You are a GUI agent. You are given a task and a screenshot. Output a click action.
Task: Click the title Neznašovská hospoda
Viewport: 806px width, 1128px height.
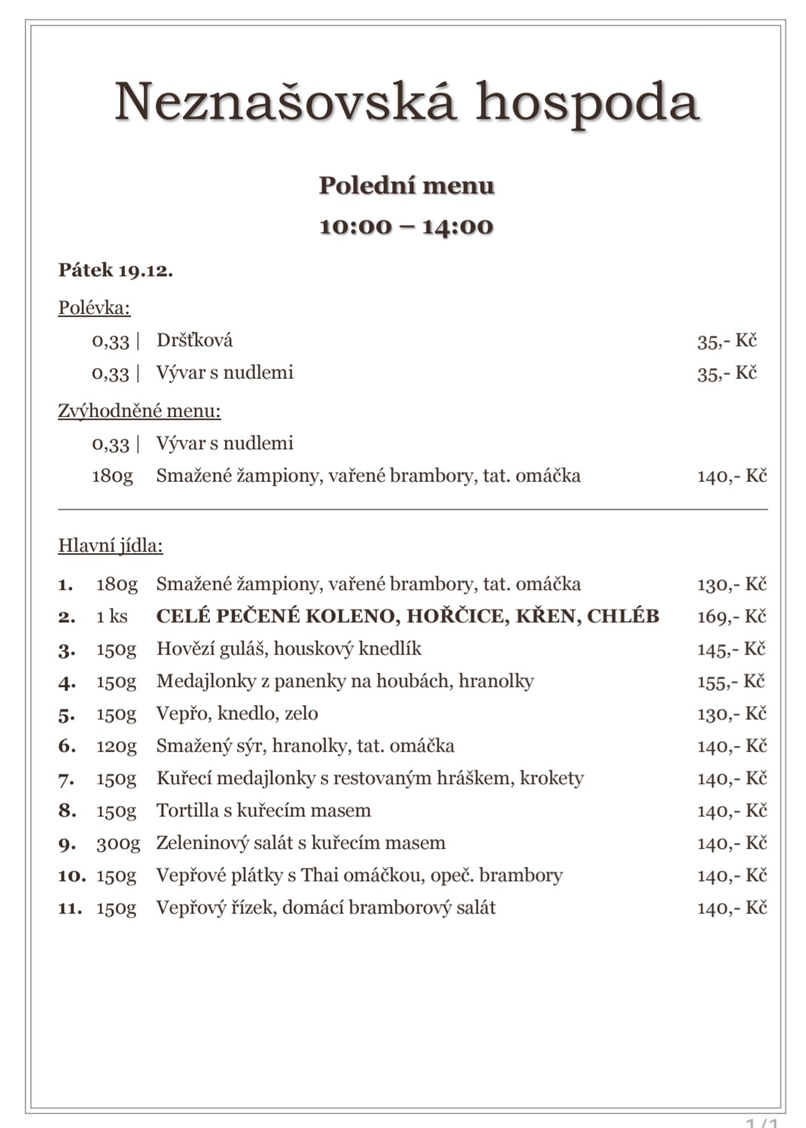pos(406,102)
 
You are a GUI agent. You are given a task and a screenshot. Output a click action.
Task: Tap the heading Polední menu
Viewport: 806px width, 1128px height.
pos(406,185)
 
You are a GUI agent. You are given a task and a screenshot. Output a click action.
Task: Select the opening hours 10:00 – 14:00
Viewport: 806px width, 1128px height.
pos(406,227)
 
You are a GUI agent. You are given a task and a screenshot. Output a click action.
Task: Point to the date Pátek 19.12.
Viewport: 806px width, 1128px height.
pos(115,270)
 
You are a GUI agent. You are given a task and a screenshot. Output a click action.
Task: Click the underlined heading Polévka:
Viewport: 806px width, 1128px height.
pos(94,308)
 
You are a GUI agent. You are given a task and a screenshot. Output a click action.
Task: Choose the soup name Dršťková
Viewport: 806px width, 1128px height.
pos(194,340)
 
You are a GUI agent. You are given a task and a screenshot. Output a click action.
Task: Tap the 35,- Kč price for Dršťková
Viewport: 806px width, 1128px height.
pos(726,341)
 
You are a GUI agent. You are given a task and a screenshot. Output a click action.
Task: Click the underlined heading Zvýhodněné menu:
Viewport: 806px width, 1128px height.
pos(139,411)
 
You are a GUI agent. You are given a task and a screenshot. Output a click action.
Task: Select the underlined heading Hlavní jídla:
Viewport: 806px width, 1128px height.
pos(110,546)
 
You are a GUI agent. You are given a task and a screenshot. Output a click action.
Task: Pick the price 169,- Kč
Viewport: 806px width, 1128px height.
pos(731,617)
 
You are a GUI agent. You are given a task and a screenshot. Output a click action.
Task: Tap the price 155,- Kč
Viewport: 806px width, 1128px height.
pos(730,682)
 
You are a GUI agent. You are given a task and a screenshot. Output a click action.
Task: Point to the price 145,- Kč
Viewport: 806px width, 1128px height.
pos(731,649)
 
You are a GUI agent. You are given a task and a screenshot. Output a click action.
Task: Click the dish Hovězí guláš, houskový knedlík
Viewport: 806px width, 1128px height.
pos(288,649)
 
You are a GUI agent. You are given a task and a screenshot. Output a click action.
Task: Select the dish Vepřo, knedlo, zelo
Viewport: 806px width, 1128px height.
pos(237,713)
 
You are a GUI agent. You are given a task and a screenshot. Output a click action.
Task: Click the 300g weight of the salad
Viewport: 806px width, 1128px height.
pos(117,844)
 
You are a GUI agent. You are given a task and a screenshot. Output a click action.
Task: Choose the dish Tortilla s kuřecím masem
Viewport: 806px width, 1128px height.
pos(263,810)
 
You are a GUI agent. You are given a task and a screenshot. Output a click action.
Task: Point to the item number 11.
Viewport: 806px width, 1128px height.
pos(70,908)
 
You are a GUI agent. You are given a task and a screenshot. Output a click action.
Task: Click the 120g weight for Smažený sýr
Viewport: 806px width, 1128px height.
pos(117,746)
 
